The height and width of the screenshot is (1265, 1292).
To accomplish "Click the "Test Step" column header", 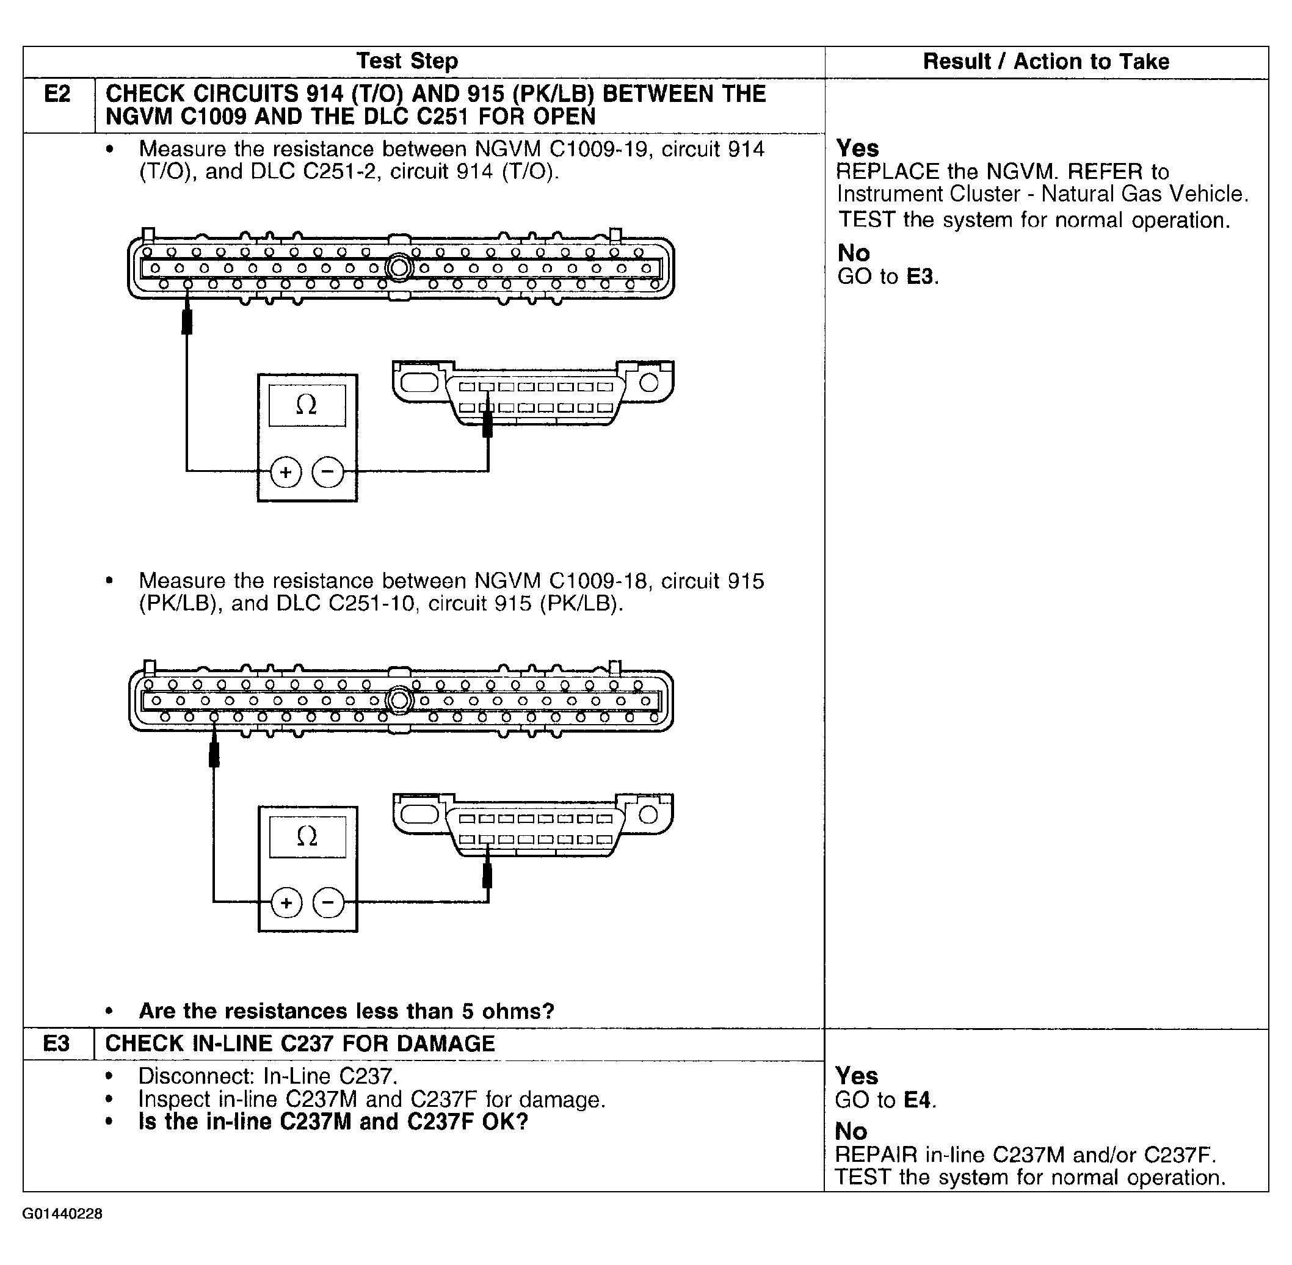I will (407, 61).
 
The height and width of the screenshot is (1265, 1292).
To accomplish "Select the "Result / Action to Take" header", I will (1045, 62).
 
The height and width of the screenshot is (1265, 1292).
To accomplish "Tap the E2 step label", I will (57, 95).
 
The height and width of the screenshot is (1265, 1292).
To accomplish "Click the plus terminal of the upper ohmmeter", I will (286, 473).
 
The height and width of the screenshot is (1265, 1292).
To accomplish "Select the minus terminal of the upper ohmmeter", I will (328, 473).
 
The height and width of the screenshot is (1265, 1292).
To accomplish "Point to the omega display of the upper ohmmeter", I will (307, 405).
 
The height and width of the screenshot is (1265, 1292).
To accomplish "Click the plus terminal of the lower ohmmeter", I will (286, 904).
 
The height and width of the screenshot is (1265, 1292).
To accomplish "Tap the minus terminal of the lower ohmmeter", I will (328, 904).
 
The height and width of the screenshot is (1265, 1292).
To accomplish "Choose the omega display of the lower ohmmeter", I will (307, 836).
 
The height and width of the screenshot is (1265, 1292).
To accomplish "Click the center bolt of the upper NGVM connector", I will (399, 269).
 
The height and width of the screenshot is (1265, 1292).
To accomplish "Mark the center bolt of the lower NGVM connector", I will (399, 700).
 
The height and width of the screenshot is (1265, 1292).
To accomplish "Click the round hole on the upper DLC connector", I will (648, 383).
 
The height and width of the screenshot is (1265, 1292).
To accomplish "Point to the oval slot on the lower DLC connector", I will (419, 814).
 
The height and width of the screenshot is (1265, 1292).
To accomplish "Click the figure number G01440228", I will (62, 1214).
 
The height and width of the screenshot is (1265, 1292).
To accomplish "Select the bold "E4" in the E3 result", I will (917, 1100).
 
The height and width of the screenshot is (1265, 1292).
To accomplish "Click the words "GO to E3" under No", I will (887, 277).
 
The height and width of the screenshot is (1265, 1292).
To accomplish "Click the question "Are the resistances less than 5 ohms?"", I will (346, 1011).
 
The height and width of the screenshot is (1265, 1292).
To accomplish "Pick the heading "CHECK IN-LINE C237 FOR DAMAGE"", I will (300, 1044).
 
